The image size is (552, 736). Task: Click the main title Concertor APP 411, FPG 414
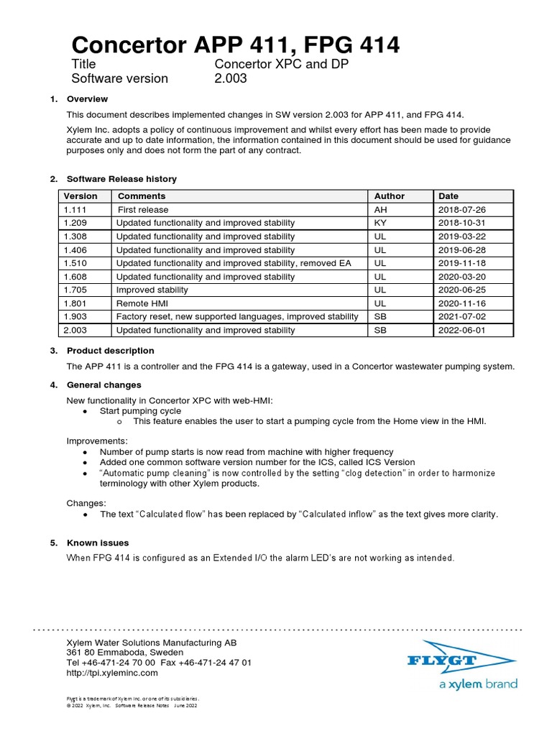click(236, 45)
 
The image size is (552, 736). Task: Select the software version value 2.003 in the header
click(231, 78)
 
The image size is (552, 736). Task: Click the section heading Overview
click(87, 98)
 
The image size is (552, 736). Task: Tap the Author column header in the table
click(390, 196)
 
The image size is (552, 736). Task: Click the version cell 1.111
click(75, 210)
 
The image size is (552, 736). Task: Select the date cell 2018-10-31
click(461, 223)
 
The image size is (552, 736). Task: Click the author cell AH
click(381, 210)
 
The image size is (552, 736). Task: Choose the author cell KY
click(381, 223)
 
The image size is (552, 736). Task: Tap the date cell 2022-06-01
click(461, 331)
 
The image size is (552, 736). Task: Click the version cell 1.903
click(75, 317)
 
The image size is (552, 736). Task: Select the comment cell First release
click(143, 210)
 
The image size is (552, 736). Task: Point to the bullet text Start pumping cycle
click(140, 410)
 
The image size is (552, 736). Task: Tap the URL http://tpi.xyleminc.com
click(111, 673)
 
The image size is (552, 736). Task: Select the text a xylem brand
click(478, 684)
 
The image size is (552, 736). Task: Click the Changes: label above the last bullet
click(86, 503)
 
